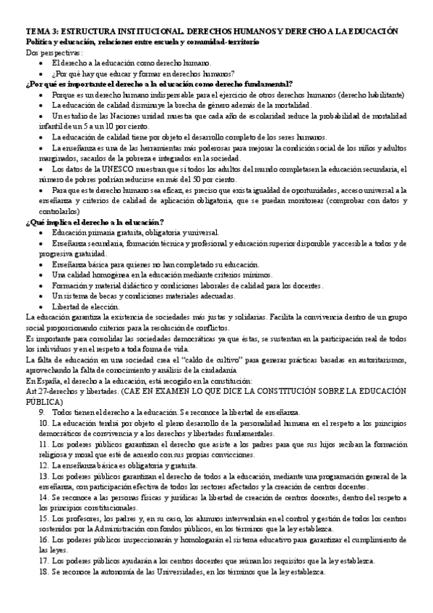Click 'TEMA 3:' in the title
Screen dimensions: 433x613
pyautogui.click(x=42, y=33)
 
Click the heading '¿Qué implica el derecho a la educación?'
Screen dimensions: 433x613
pyautogui.click(x=94, y=221)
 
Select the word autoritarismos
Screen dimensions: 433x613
pyautogui.click(x=377, y=359)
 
